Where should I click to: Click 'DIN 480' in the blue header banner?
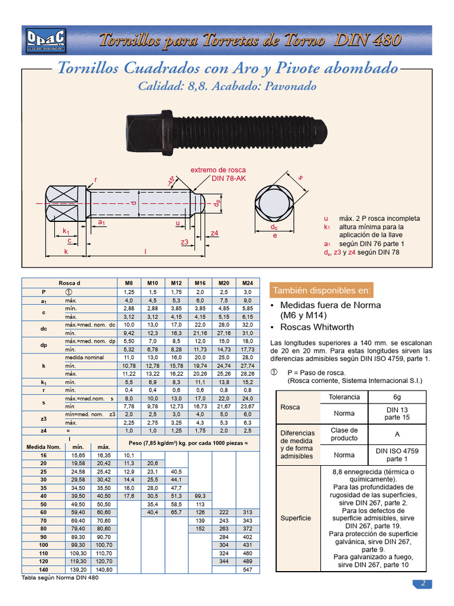(x=368, y=40)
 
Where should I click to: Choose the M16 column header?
(x=200, y=283)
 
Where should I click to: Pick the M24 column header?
(x=247, y=283)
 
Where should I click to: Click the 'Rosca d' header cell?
(x=70, y=283)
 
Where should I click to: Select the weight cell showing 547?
(x=247, y=569)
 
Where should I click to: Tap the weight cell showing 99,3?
(x=200, y=495)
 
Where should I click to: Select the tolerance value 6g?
(x=395, y=397)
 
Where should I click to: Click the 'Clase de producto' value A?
(x=395, y=434)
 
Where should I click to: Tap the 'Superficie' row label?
(x=296, y=518)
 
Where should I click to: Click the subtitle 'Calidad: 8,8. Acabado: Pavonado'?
(x=227, y=86)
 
